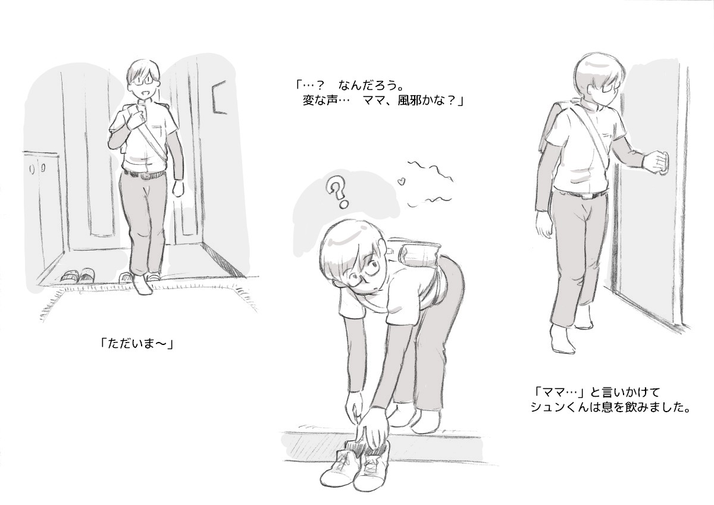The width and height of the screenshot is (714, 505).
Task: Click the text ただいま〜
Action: pos(137,344)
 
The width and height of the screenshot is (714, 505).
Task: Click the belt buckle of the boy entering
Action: pos(145,175)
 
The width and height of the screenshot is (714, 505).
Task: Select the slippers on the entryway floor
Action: pos(79,275)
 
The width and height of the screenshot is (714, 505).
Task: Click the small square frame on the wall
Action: pos(220,97)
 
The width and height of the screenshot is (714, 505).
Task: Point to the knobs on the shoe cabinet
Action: pos(37,168)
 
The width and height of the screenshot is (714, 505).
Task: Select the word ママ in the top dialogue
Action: pos(374,101)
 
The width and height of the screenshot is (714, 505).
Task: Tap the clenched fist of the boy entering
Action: pos(178,189)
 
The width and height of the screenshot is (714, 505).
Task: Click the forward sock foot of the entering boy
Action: pos(142,284)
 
